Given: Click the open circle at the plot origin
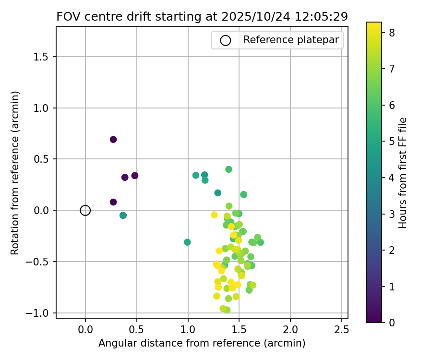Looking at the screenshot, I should coord(85,210).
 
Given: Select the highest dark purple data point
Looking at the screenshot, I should coord(113,140).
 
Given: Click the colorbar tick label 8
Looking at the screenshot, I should coord(392,33).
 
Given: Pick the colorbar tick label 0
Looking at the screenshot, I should coord(392,323).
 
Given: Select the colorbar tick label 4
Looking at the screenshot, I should coord(392,178).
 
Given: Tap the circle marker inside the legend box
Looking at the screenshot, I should coord(225,40).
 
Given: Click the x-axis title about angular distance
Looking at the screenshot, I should coord(202,343).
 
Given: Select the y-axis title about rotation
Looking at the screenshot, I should coord(15,172).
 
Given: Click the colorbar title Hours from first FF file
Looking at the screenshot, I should coord(403,172).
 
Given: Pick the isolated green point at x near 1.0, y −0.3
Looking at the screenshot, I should coord(187,242).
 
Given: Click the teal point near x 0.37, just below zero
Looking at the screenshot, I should coord(123,216).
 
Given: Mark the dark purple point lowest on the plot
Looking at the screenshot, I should coord(113,202).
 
